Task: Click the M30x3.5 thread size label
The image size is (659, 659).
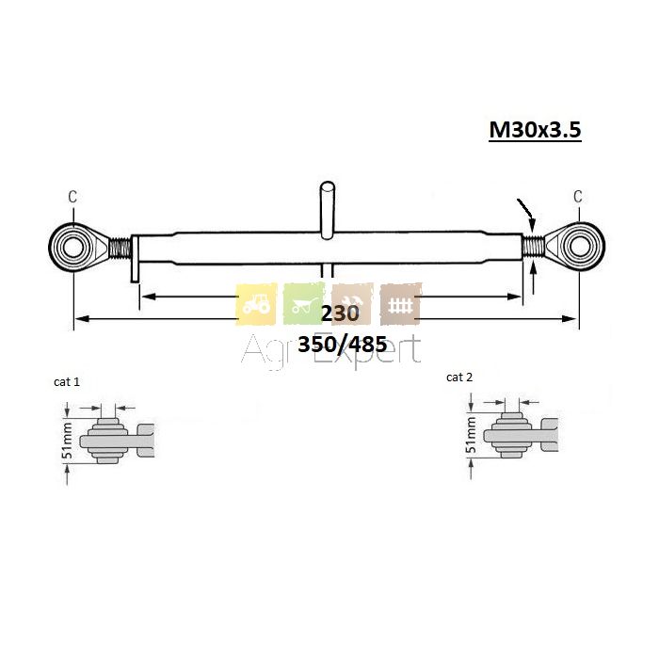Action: (x=535, y=130)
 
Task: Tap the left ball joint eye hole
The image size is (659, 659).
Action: (x=73, y=248)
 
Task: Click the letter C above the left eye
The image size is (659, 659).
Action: (x=72, y=197)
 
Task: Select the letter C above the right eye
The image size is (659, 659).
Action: (x=578, y=196)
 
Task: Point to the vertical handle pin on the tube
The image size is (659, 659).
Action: (x=328, y=210)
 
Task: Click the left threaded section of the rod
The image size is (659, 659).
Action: (x=121, y=248)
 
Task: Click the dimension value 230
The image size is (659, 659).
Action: (x=340, y=313)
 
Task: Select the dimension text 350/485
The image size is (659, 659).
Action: (x=343, y=345)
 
